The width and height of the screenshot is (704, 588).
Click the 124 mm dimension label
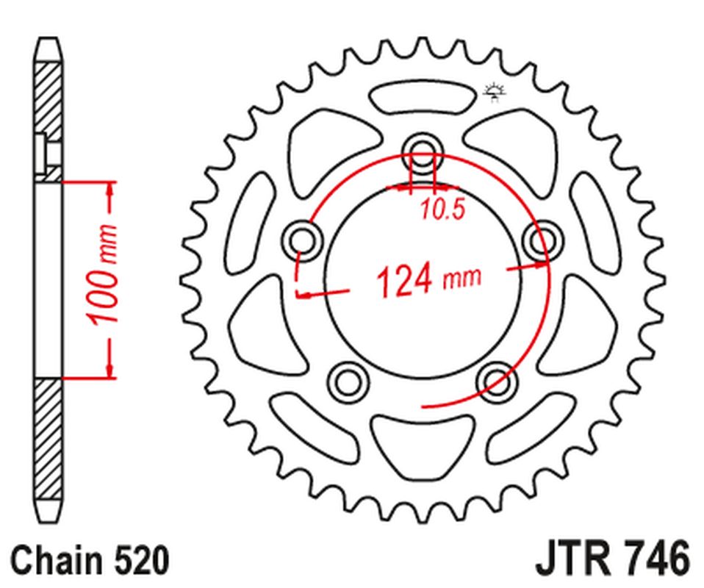point(428,279)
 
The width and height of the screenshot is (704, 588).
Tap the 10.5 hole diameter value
point(443,211)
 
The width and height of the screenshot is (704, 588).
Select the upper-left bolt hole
point(301,240)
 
